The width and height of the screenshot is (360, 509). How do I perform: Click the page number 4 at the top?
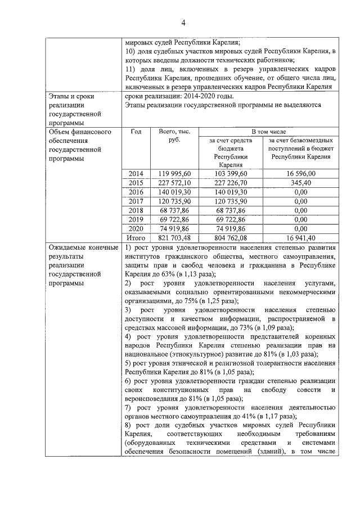point(183,22)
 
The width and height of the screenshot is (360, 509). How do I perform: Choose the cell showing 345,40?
point(300,183)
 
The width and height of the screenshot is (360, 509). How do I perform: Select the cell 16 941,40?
point(300,237)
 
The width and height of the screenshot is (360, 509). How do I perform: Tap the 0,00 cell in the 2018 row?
point(300,210)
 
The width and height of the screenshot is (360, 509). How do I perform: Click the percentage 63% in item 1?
point(168,274)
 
